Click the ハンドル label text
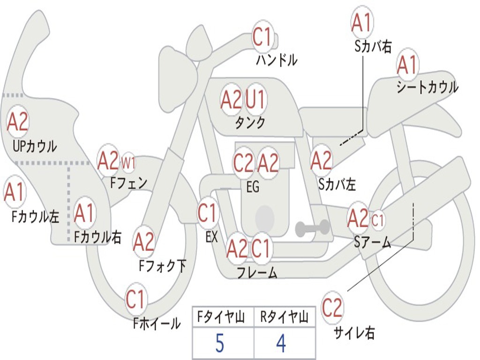point(277,60)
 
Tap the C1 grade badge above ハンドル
point(262,37)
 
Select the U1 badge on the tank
point(255,99)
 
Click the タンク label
point(250,123)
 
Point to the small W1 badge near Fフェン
point(129,164)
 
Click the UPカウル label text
point(35,146)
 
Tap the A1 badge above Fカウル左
point(14,193)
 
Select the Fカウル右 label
point(98,238)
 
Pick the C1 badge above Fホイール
point(136,300)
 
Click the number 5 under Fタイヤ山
point(219,344)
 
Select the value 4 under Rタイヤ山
point(281,344)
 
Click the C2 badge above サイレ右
point(332,307)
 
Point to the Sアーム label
point(373,242)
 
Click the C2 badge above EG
point(243,163)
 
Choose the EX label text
point(211,237)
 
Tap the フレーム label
point(256,272)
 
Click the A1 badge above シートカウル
point(407,65)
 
